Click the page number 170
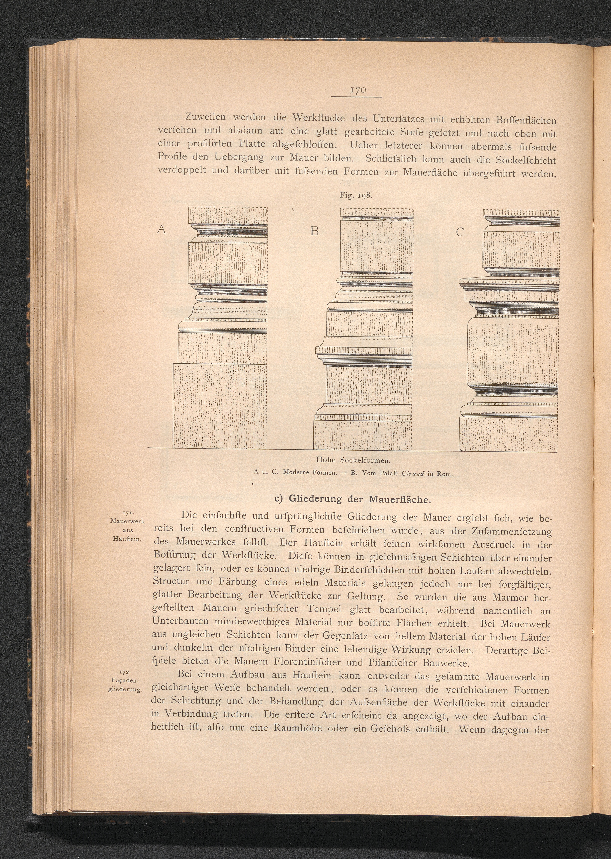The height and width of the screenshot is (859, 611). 356,90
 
